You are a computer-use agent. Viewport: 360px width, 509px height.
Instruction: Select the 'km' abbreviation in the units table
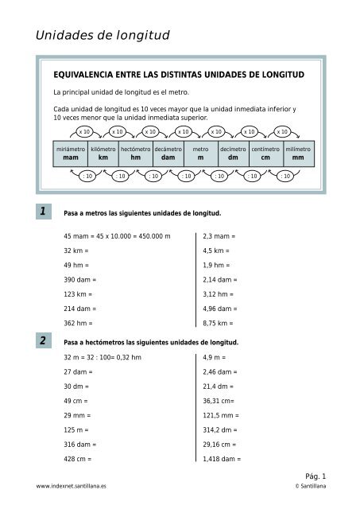(103, 157)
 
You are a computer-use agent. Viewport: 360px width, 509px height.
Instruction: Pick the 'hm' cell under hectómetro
(135, 157)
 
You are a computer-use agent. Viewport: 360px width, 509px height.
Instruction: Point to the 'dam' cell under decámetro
(168, 157)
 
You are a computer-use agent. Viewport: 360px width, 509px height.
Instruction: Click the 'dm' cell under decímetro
(233, 157)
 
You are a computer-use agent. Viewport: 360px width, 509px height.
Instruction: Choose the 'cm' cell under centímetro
(265, 157)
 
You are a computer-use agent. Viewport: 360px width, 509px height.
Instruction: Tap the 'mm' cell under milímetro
(298, 157)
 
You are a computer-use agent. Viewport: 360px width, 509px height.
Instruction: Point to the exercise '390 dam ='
(79, 280)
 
